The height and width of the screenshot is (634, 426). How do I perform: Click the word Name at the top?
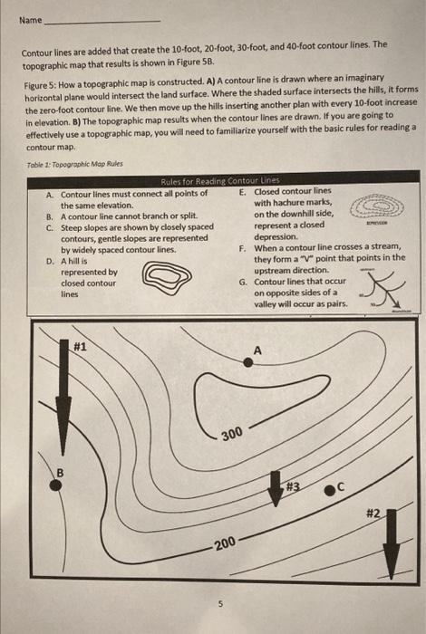(30, 18)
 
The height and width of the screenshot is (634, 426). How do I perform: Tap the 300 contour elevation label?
(232, 436)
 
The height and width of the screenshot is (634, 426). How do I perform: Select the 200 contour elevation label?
(225, 543)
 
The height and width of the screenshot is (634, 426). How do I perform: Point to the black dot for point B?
(56, 485)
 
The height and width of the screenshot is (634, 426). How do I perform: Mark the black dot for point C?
(331, 490)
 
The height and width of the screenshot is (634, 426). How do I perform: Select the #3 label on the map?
(293, 485)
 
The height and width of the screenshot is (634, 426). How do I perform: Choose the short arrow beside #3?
(275, 489)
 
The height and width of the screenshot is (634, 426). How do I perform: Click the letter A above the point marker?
(257, 349)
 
